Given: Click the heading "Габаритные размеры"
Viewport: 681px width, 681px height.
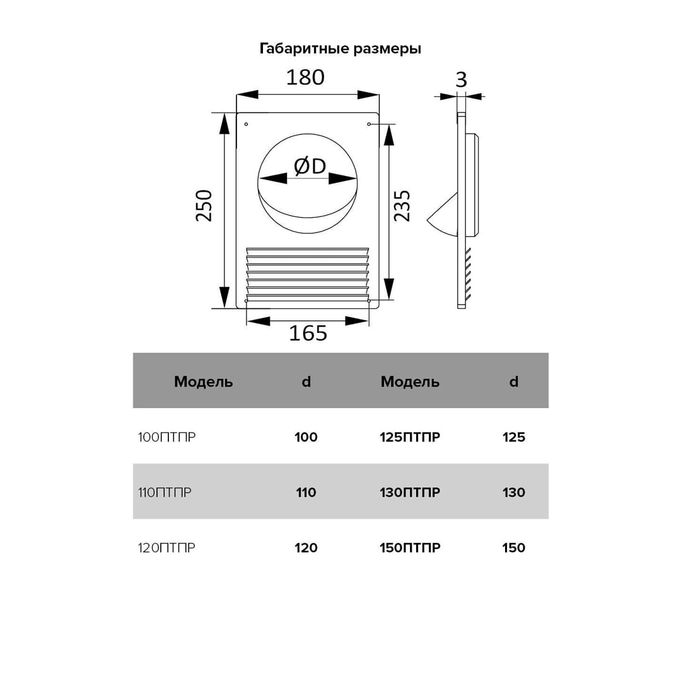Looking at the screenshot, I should pyautogui.click(x=340, y=49).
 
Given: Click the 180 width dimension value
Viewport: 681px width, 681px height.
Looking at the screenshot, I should pyautogui.click(x=305, y=77).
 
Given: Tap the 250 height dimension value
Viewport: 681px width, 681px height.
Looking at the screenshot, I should pyautogui.click(x=204, y=205).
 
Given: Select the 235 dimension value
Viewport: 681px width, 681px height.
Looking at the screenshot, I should pyautogui.click(x=402, y=205).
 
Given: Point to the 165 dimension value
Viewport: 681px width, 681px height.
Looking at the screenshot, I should pyautogui.click(x=308, y=333).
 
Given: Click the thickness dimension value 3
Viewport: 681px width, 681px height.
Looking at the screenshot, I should pyautogui.click(x=461, y=80).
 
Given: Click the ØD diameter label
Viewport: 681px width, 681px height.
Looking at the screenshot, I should pyautogui.click(x=310, y=166).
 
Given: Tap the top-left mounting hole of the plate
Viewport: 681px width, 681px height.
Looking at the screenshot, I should pyautogui.click(x=246, y=124).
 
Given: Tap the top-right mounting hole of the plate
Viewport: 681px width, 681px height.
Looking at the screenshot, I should pyautogui.click(x=369, y=124).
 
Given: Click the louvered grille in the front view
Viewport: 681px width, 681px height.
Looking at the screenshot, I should pyautogui.click(x=307, y=273).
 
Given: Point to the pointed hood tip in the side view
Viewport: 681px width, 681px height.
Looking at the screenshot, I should pyautogui.click(x=429, y=221).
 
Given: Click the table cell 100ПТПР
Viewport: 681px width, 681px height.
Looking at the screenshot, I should pyautogui.click(x=166, y=437).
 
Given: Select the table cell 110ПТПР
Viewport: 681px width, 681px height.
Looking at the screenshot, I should pyautogui.click(x=165, y=492).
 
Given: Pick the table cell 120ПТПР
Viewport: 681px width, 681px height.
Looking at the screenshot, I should pyautogui.click(x=166, y=548).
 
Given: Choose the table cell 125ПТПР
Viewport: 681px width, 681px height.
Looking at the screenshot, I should pyautogui.click(x=410, y=437).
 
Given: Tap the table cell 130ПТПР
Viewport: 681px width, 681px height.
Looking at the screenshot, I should pyautogui.click(x=410, y=492).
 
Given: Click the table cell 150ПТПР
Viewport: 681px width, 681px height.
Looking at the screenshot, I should pyautogui.click(x=410, y=548).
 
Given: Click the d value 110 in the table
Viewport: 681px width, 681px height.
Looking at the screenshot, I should pyautogui.click(x=306, y=492).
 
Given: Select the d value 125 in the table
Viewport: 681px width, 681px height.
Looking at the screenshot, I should pyautogui.click(x=514, y=437).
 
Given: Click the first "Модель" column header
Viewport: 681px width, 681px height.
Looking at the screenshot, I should pyautogui.click(x=203, y=381).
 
